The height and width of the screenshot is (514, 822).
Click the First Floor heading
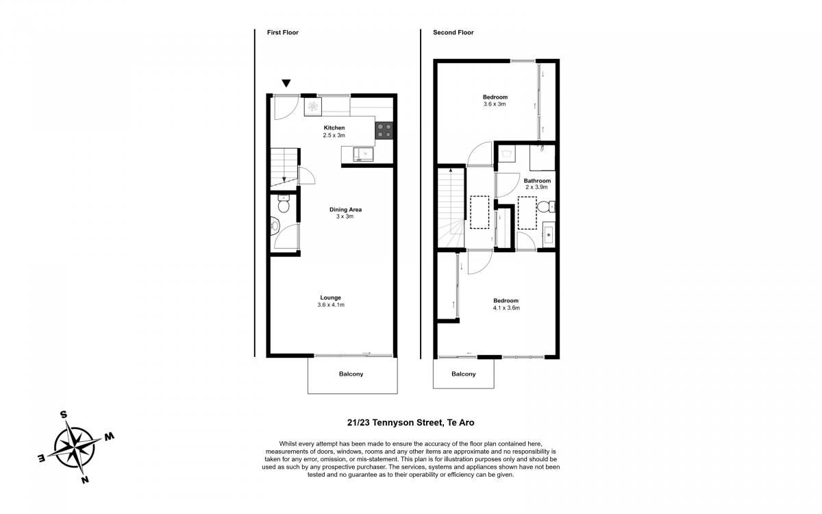tap(282, 32)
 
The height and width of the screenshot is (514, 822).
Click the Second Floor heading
tap(453, 32)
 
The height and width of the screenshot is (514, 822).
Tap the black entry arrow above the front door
tap(286, 84)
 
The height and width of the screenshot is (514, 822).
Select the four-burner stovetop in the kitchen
tap(384, 130)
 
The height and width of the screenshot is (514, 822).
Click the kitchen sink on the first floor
tap(363, 154)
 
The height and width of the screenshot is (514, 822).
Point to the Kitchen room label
tap(334, 127)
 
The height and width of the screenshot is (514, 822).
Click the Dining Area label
tap(345, 210)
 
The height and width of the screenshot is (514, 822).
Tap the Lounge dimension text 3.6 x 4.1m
tap(331, 305)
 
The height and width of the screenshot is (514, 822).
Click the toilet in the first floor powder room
tap(284, 204)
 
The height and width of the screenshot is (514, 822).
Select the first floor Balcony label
tap(351, 374)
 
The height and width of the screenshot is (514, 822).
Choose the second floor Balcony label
tap(464, 374)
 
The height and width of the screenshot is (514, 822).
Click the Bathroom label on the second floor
tap(537, 181)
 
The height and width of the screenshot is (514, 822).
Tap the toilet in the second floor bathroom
tap(546, 207)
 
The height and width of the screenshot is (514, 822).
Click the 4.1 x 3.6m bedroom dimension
tap(506, 308)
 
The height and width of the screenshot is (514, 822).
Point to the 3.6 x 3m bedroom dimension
tap(495, 104)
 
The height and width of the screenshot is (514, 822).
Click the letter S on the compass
tap(64, 415)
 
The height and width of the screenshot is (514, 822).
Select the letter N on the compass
tap(85, 480)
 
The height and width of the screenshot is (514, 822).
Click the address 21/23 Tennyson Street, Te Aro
tap(410, 423)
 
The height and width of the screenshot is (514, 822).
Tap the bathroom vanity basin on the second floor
tap(549, 235)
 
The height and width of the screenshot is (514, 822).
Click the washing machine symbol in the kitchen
tap(312, 106)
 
